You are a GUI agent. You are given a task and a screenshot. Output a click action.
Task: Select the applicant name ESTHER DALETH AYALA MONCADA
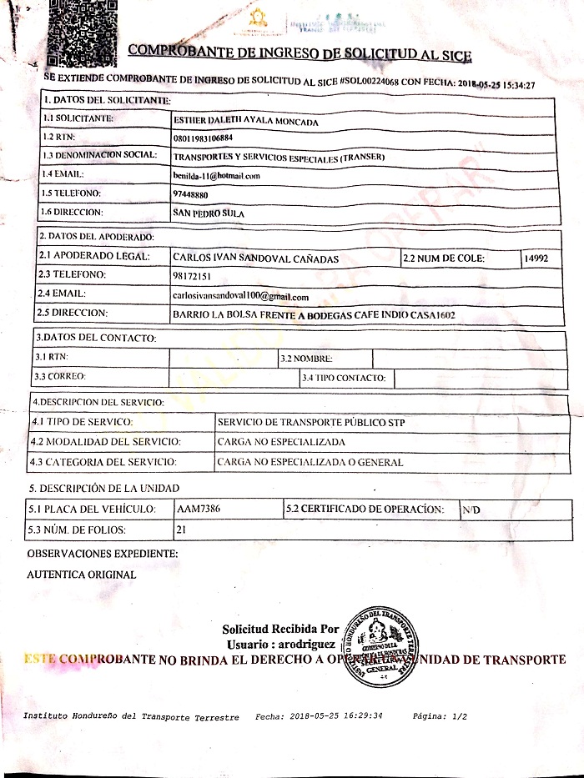tap(245, 121)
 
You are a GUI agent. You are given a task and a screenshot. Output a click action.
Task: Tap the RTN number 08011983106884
tap(204, 138)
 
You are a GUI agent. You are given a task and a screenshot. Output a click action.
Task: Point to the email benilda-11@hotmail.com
tap(216, 176)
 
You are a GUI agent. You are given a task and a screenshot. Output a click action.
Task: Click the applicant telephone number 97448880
tap(191, 194)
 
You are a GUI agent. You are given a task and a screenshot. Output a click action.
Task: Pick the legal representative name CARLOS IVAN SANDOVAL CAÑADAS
tap(255, 258)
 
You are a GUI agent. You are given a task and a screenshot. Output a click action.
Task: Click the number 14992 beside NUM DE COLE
tap(536, 258)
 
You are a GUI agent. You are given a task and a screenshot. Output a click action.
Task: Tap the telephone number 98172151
tap(192, 276)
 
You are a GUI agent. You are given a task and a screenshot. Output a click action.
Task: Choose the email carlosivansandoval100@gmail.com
tap(241, 297)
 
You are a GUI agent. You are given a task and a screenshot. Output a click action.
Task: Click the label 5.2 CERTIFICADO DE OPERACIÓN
tap(370, 508)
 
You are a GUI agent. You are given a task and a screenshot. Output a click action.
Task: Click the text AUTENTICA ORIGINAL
tap(82, 575)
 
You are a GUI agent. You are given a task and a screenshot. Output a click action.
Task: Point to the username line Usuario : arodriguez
tap(280, 645)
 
